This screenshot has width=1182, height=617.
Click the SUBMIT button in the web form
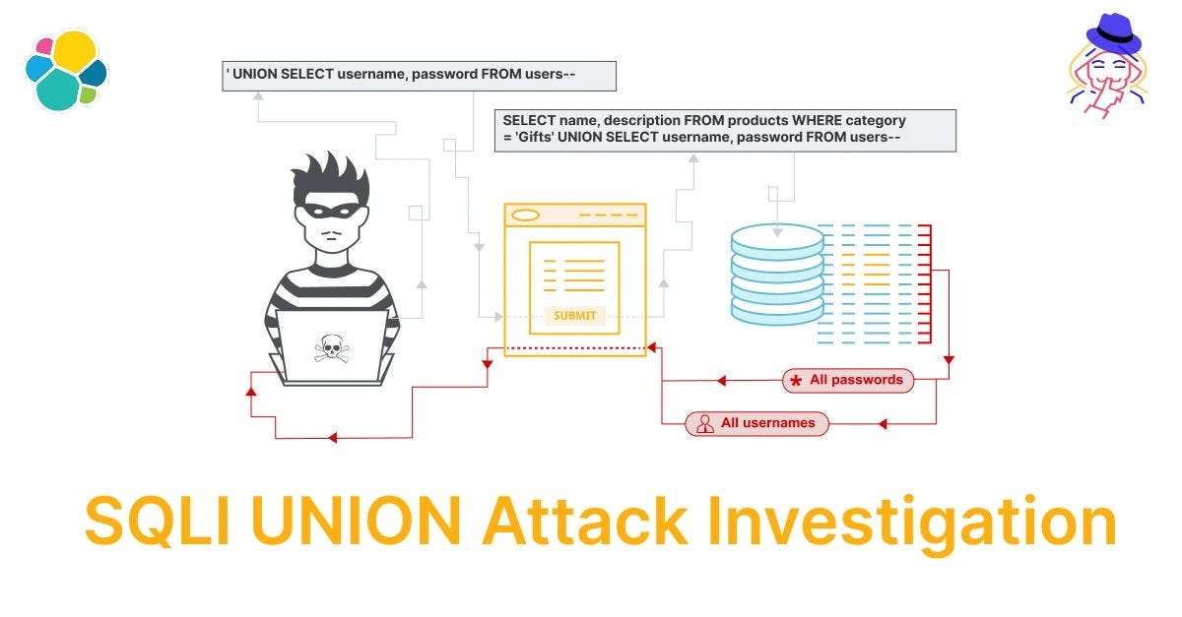[x=574, y=315]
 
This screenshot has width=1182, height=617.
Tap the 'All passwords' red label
[x=848, y=380]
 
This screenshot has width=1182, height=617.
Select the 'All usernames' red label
[x=756, y=423]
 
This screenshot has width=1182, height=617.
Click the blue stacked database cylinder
[x=777, y=275]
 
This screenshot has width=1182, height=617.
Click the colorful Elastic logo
[x=66, y=70]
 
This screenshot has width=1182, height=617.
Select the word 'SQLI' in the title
[x=157, y=522]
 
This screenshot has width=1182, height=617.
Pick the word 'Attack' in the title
[x=584, y=522]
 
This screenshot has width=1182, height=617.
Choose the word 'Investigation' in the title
[x=912, y=522]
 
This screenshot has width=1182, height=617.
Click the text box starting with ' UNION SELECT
[x=419, y=76]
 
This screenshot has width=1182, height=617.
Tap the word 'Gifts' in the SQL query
[x=533, y=138]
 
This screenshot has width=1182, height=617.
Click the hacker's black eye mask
[x=331, y=211]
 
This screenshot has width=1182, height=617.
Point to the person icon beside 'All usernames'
[x=704, y=424]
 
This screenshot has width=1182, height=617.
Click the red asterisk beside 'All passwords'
[x=796, y=381]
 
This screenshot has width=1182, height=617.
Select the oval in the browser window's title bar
[x=526, y=216]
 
